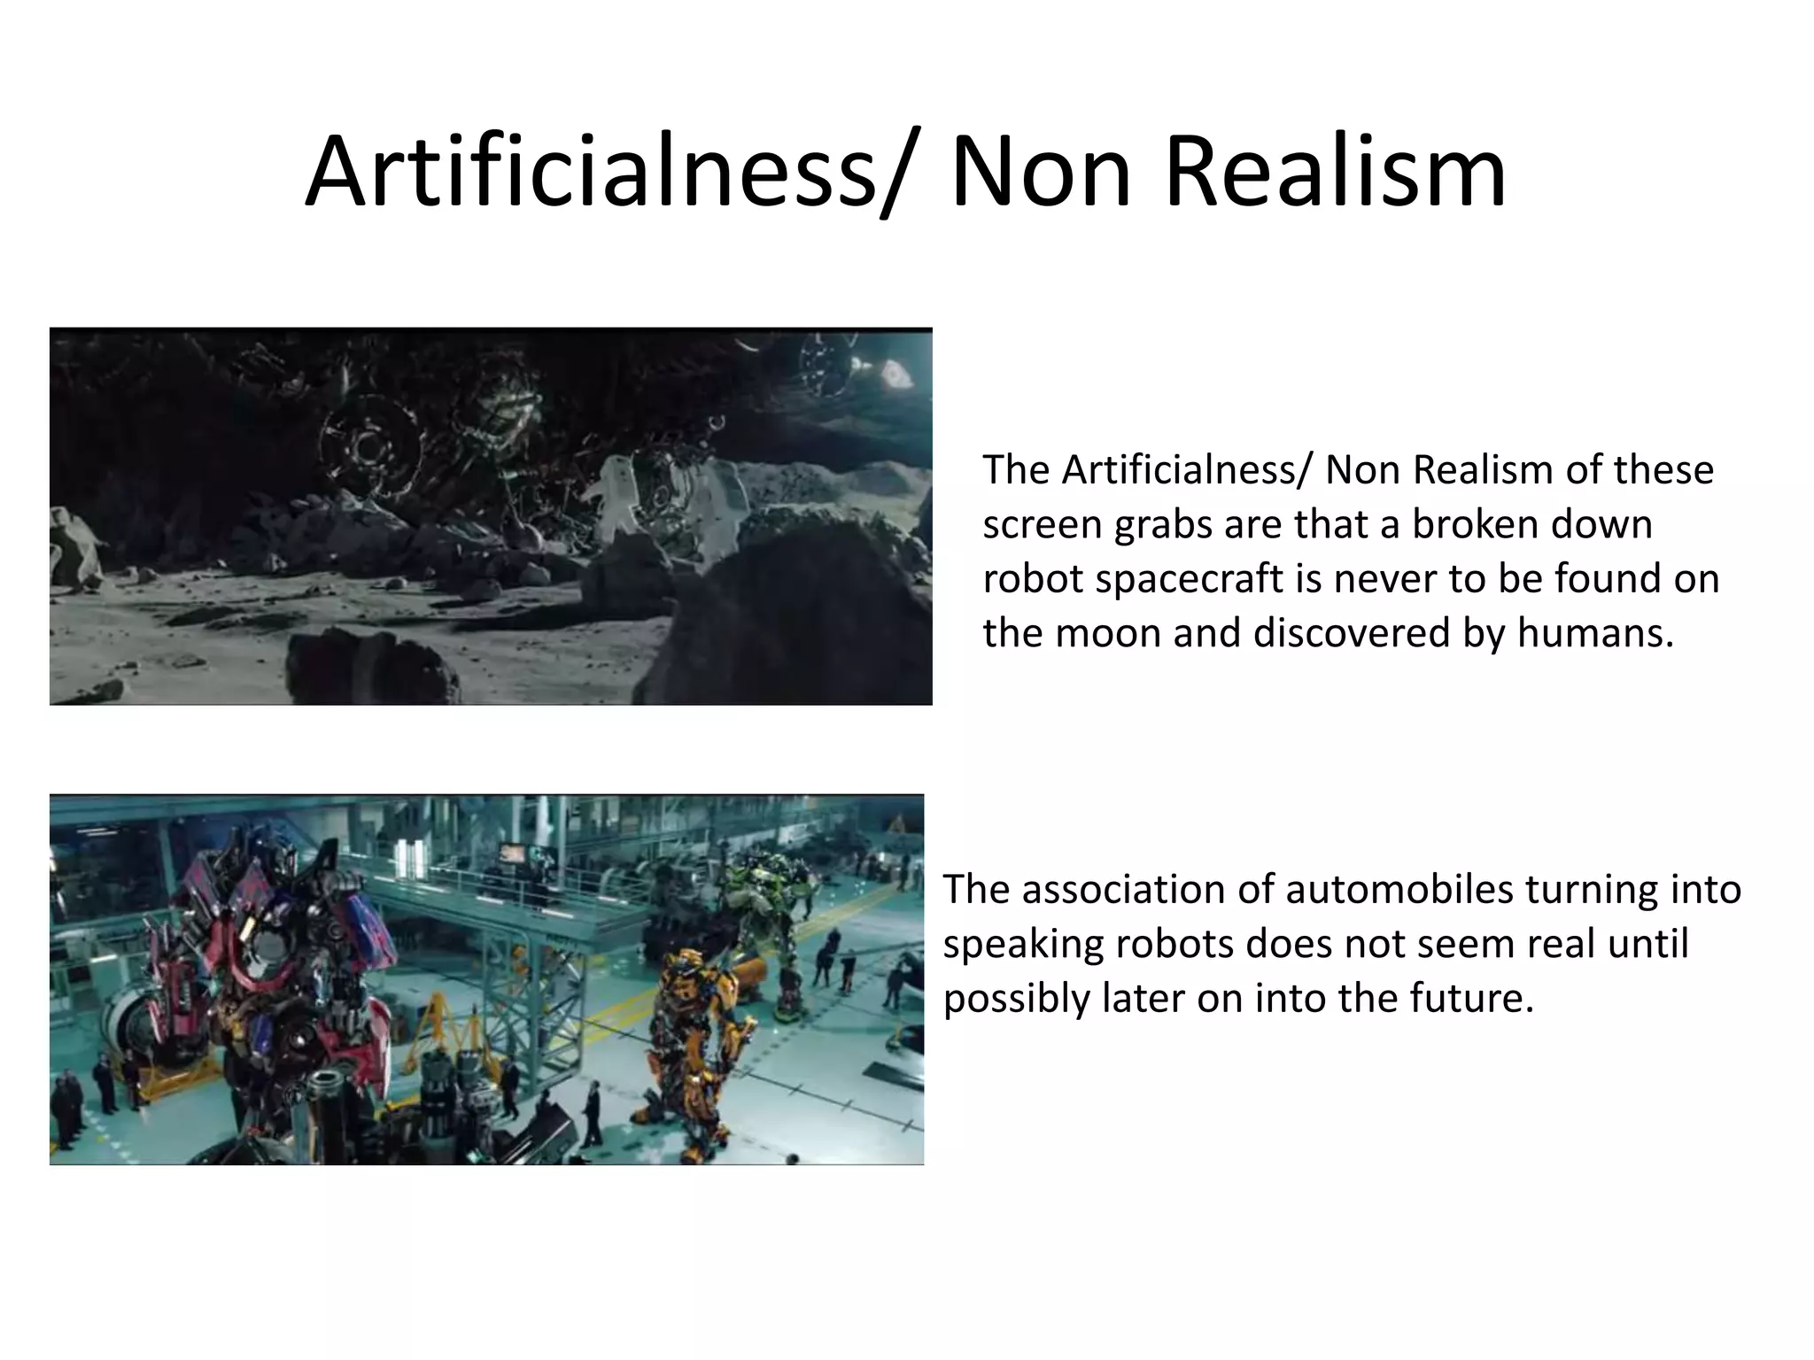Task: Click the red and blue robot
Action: [266, 956]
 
